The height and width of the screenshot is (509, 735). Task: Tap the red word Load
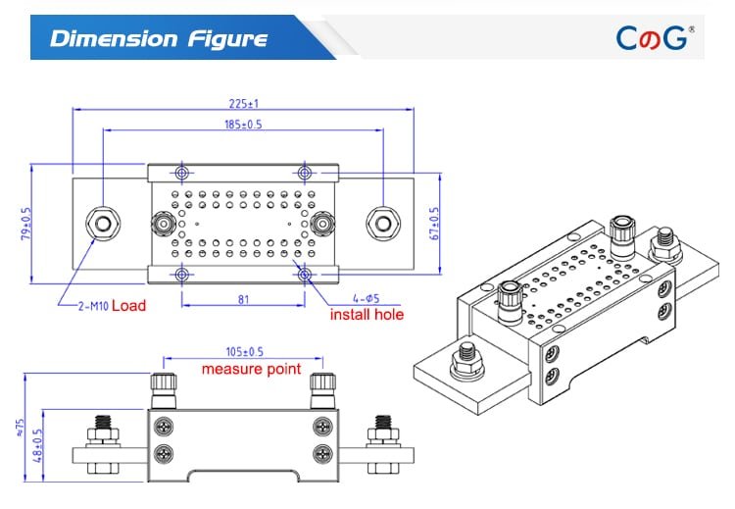(x=128, y=306)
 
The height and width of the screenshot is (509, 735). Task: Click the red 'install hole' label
(x=367, y=315)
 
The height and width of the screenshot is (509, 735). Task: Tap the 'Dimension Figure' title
(x=159, y=38)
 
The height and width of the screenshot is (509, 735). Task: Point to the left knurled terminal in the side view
(x=163, y=391)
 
